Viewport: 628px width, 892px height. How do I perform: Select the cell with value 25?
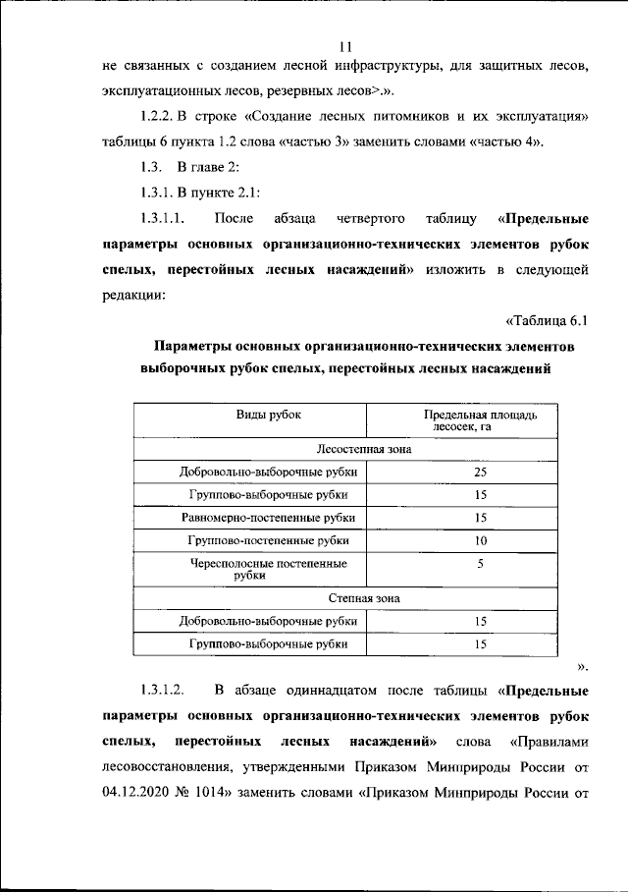click(480, 472)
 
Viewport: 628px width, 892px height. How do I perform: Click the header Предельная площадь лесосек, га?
click(480, 421)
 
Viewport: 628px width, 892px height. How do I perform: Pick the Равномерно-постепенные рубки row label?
click(268, 517)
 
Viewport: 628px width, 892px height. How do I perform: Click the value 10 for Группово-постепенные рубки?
click(480, 540)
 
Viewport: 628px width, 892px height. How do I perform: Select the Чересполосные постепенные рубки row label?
click(268, 569)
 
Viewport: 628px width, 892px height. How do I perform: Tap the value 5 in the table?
click(480, 564)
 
